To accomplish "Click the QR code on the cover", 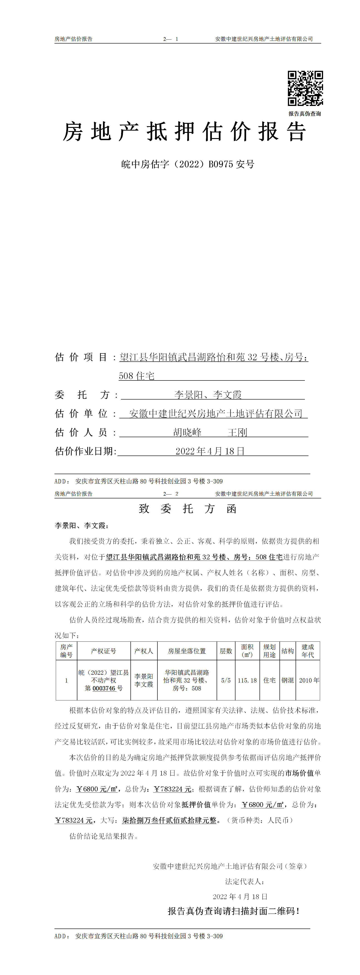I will pyautogui.click(x=305, y=88).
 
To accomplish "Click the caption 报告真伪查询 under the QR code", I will pyautogui.click(x=305, y=114).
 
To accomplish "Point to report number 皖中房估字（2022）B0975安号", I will pyautogui.click(x=188, y=164).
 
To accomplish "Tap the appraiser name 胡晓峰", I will pyautogui.click(x=187, y=432).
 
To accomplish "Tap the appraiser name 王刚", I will pyautogui.click(x=237, y=432).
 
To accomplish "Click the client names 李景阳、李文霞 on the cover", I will pyautogui.click(x=208, y=395).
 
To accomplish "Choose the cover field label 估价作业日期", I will pyautogui.click(x=85, y=451).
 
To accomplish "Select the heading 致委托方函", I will pyautogui.click(x=188, y=509).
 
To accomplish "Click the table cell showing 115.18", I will pyautogui.click(x=247, y=680).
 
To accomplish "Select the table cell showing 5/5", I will pyautogui.click(x=226, y=680).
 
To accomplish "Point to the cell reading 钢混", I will pyautogui.click(x=288, y=680).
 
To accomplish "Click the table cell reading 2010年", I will pyautogui.click(x=309, y=680).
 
